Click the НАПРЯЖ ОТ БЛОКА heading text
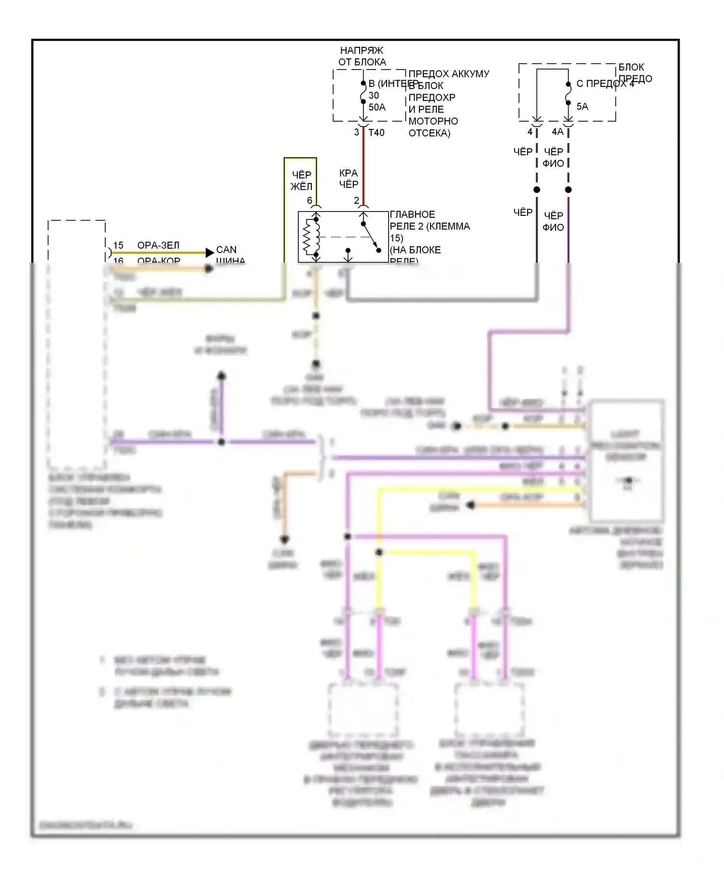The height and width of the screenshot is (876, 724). tap(362, 56)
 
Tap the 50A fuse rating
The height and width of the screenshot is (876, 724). tap(377, 107)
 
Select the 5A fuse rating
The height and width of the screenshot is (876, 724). tap(582, 107)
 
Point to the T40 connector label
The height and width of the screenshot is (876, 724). tap(376, 133)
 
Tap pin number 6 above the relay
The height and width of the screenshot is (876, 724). tap(309, 200)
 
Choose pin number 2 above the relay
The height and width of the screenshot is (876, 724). tap(357, 200)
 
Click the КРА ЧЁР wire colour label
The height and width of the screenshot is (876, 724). tap(348, 179)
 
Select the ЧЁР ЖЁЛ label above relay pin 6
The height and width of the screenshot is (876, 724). tap(302, 181)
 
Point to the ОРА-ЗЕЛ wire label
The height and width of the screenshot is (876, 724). tap(158, 245)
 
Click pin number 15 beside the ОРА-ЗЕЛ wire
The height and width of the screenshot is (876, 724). tap(118, 245)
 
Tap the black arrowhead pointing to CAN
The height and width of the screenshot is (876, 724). tap(209, 252)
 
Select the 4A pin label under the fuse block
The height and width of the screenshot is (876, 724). tap(557, 132)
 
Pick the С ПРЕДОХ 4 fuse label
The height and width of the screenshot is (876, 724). tap(605, 84)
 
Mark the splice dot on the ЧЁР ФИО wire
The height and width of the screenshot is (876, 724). tap(568, 190)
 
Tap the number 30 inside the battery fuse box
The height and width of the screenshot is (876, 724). tap(374, 95)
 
